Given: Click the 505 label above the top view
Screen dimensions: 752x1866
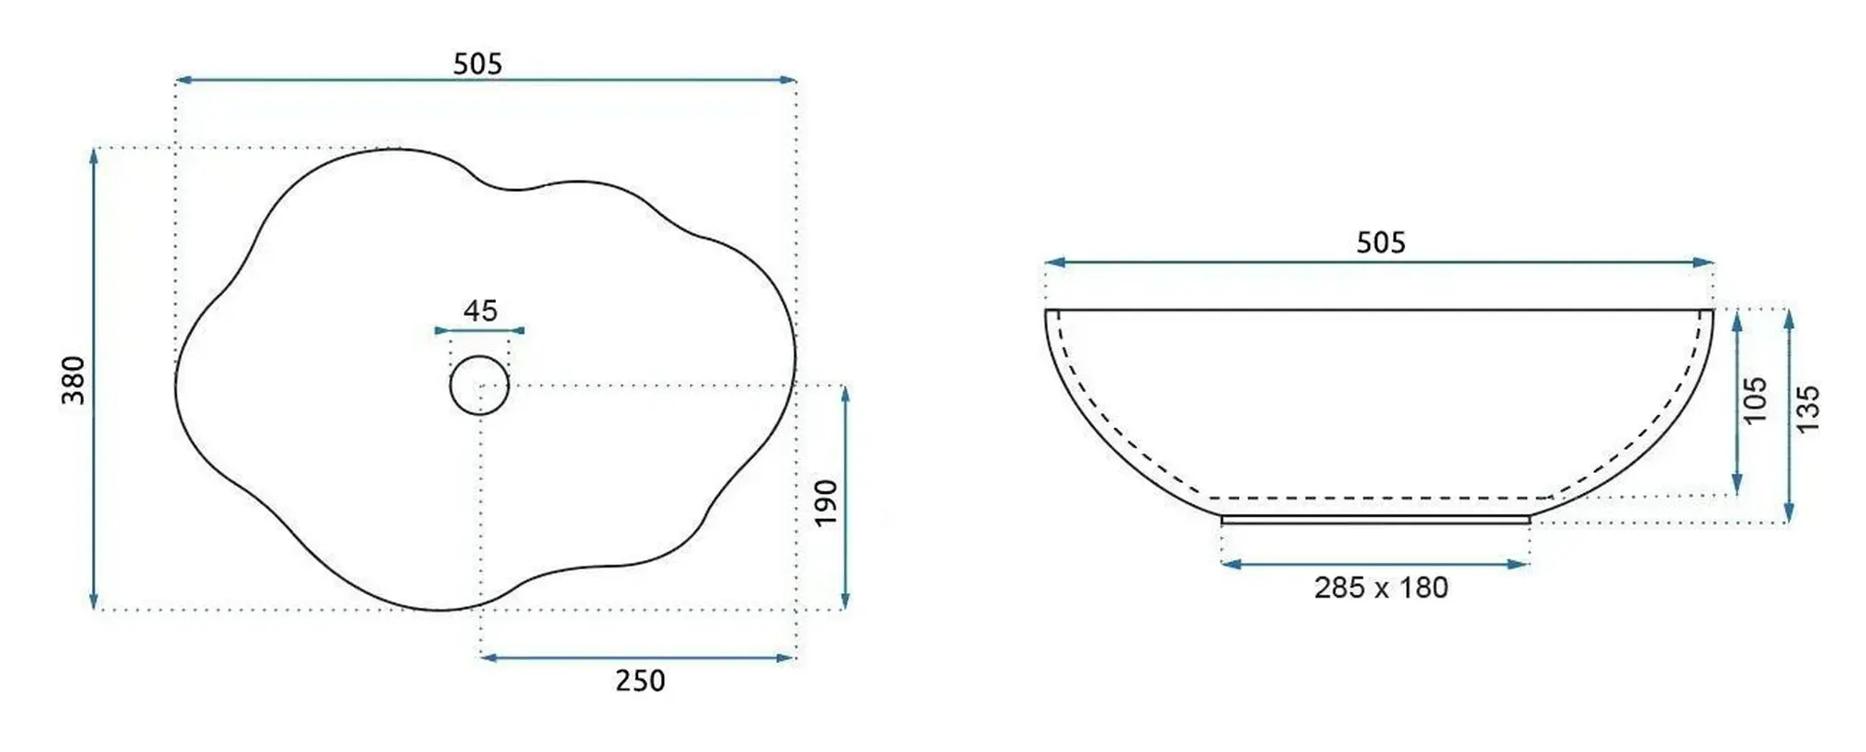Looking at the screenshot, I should tap(478, 63).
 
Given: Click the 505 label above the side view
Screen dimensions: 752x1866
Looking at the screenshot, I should tap(1380, 242).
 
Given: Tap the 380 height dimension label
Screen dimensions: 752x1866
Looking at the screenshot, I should tap(73, 380).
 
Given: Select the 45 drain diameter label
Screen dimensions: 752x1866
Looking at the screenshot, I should tap(480, 310).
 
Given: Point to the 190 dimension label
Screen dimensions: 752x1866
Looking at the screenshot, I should tap(826, 502).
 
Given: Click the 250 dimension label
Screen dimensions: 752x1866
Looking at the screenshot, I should tap(639, 680).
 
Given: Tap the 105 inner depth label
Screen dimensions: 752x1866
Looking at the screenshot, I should tap(1755, 400).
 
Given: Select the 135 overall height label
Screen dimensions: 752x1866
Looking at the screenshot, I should tap(1806, 410).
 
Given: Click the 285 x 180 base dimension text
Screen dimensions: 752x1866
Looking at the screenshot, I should tap(1380, 588).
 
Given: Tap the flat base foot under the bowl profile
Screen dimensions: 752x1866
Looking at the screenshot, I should tap(1375, 520).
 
